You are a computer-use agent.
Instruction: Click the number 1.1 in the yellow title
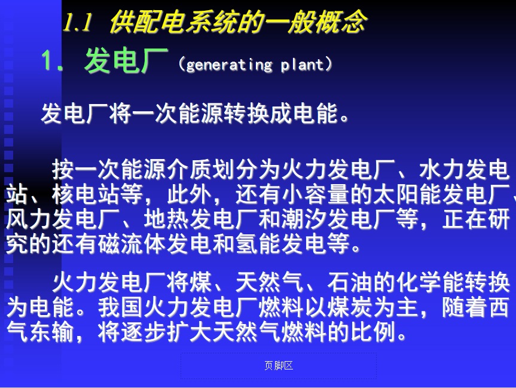(77, 22)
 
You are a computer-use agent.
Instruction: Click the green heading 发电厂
(126, 60)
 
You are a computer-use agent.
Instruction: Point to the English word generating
(229, 65)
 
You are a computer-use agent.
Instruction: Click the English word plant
(303, 65)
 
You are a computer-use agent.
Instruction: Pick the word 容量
(326, 194)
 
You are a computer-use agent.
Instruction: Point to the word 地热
(166, 219)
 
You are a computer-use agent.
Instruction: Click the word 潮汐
(304, 219)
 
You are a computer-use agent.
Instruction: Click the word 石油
(350, 283)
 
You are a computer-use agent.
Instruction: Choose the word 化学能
(430, 283)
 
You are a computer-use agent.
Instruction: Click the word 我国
(120, 307)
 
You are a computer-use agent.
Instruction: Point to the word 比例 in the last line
(373, 332)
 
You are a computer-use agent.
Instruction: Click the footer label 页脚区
(279, 366)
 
